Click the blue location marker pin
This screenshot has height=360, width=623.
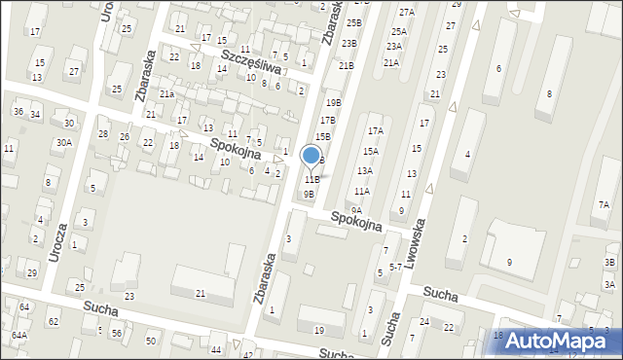tap(311, 156)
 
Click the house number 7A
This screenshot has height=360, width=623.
tap(605, 204)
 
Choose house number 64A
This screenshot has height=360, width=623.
tap(18, 335)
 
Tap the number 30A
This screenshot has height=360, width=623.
tap(63, 142)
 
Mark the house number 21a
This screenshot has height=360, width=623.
tap(166, 93)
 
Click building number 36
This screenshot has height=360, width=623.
tap(18, 111)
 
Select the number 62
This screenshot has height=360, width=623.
tap(54, 321)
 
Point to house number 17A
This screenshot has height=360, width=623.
tap(375, 130)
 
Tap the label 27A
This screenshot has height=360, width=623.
tap(407, 12)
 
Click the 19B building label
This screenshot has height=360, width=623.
tap(334, 102)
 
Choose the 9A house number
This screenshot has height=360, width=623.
tap(356, 210)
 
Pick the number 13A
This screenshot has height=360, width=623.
tap(364, 170)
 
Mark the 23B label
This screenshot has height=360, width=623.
tap(348, 43)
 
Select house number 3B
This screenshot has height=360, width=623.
tap(609, 263)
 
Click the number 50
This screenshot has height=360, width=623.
tap(150, 341)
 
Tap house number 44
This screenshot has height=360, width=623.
tap(215, 348)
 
